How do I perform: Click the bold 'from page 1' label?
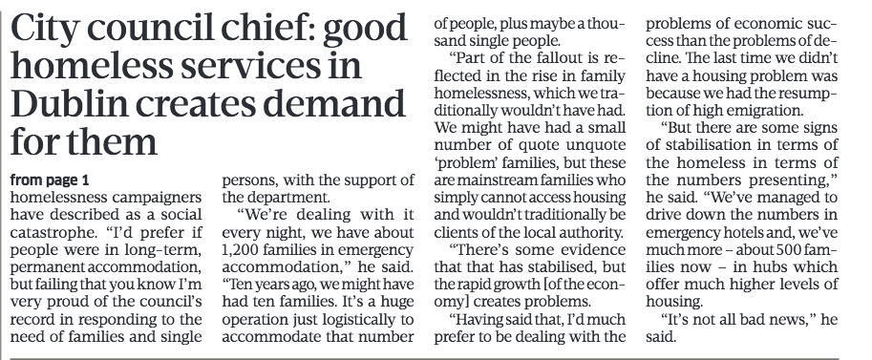(50, 180)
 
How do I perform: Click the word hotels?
(732, 233)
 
